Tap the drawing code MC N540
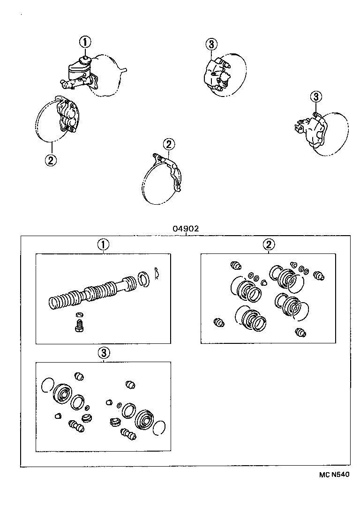click(x=335, y=475)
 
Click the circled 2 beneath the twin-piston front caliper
click(x=51, y=160)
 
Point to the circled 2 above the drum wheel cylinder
click(x=169, y=144)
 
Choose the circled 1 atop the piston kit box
click(x=103, y=244)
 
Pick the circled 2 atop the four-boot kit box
click(x=269, y=244)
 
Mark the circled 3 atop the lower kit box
click(x=103, y=352)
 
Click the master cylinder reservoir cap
click(x=85, y=59)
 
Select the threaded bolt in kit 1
click(x=79, y=326)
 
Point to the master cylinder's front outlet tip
click(x=62, y=85)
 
